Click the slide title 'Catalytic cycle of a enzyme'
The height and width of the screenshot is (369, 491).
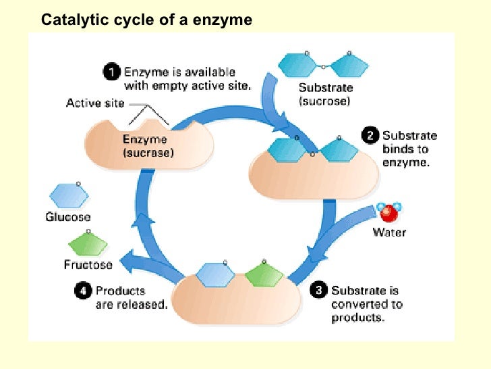146,20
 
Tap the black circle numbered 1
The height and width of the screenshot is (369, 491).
112,72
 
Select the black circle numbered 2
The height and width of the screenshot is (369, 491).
370,136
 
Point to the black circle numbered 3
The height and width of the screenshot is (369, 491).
318,291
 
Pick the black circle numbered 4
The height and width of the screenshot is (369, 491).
82,291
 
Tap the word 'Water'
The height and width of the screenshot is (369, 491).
390,232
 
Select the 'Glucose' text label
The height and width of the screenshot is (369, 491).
67,217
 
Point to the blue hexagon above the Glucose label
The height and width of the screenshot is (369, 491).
68,197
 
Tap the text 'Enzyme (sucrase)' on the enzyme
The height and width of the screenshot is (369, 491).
148,147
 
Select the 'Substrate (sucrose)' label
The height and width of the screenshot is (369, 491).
326,95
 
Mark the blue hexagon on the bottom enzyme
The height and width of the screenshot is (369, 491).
216,274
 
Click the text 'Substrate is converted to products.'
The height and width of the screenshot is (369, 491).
366,304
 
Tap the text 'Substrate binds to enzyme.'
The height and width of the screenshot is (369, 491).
408,149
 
